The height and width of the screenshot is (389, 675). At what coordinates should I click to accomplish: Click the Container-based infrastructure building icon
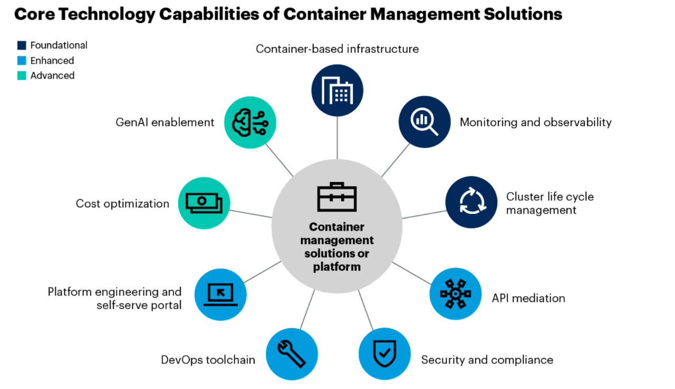coord(337,90)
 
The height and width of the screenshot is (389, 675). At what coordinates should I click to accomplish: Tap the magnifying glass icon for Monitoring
coord(425,121)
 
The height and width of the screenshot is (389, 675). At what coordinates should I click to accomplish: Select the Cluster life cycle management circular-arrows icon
coord(471,202)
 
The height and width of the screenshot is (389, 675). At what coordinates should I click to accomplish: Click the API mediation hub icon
coord(456,294)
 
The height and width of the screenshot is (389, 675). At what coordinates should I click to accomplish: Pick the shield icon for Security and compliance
coord(384,354)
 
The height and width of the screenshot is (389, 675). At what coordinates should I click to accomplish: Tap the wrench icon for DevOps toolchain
coord(292,354)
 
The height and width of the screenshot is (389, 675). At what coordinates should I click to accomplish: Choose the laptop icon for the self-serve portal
coord(220,295)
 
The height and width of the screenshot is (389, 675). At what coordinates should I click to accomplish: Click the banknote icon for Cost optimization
coord(204,203)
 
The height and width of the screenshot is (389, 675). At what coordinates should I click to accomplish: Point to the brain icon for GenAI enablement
coord(250,122)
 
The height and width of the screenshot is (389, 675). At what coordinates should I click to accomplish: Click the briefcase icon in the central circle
coord(337,197)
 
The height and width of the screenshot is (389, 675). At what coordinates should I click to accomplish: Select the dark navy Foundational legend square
coord(22,46)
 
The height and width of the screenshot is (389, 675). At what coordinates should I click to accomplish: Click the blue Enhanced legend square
coord(22,61)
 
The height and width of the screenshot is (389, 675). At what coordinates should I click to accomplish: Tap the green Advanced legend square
coord(22,75)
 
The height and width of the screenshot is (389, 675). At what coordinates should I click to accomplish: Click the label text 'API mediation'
coord(528,298)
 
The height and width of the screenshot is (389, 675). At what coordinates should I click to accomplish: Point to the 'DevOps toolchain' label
coord(208,360)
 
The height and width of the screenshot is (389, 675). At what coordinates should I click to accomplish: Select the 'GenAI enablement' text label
coord(165,122)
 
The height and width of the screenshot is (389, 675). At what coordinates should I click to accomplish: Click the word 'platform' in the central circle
coord(337,267)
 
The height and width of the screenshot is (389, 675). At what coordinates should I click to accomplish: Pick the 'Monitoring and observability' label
coord(535,122)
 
